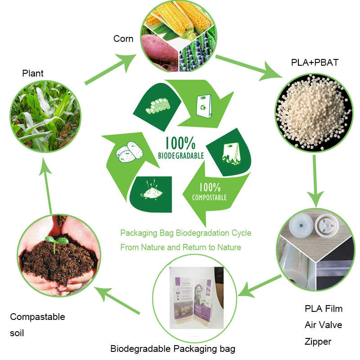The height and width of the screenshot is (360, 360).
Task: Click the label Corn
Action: (123, 39)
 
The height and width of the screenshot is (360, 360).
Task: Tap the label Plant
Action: (33, 73)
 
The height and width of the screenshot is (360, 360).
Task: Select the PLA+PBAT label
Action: (315, 63)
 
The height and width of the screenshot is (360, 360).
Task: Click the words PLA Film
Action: (324, 309)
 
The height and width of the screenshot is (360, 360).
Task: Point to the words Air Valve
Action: (324, 325)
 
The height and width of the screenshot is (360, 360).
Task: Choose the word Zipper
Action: (318, 342)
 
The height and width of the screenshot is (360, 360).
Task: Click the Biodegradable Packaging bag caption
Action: (173, 349)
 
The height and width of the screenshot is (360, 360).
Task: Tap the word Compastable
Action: (37, 317)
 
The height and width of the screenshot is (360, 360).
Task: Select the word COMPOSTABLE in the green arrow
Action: (209, 197)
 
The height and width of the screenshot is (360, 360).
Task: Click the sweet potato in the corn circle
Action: (160, 50)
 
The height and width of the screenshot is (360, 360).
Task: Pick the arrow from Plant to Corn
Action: (111, 70)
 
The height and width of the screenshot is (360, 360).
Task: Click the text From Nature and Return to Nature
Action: (180, 247)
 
